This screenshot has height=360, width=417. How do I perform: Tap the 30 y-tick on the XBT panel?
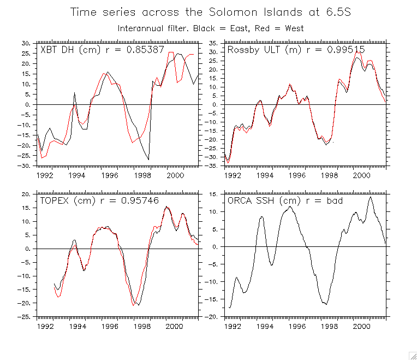click(x=25, y=43)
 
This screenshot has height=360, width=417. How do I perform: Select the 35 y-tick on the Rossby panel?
click(x=214, y=43)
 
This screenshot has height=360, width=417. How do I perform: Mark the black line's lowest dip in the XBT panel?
click(x=148, y=159)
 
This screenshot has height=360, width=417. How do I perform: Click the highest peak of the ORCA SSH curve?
click(x=371, y=197)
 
